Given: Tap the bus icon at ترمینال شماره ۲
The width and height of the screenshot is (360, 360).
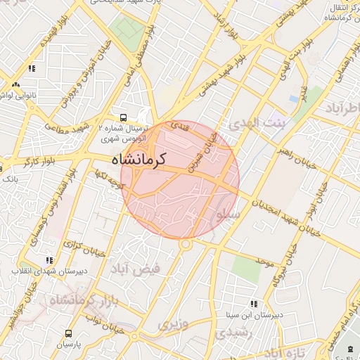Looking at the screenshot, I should tap(124, 118).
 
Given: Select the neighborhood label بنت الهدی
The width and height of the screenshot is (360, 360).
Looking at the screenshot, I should tap(258, 124).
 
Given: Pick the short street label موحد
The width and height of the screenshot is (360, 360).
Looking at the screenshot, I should tap(264, 262).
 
